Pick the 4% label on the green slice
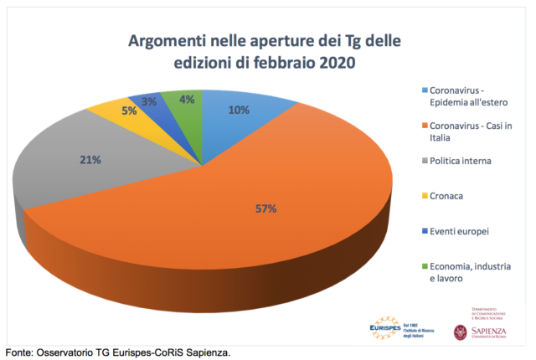click(187, 100)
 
